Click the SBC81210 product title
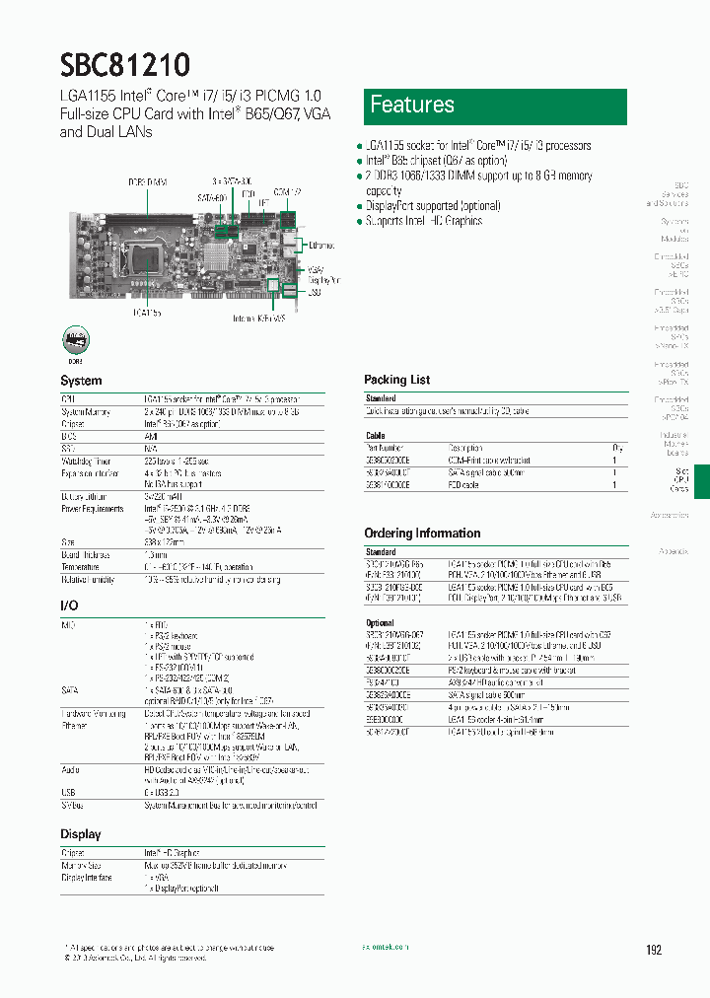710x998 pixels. (x=125, y=64)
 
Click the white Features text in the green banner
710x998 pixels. (x=411, y=105)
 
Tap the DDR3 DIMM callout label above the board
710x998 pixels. (x=147, y=182)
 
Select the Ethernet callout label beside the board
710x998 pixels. (x=321, y=245)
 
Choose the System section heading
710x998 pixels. (x=81, y=381)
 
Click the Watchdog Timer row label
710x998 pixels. (x=87, y=461)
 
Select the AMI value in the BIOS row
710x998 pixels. (x=150, y=436)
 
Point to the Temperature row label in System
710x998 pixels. (x=80, y=567)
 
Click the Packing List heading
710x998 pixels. (x=396, y=380)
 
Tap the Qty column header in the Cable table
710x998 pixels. (x=617, y=448)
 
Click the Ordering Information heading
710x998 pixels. (x=422, y=534)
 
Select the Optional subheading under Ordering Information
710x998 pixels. (x=380, y=623)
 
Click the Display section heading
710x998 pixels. (x=81, y=834)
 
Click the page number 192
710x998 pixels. (x=654, y=950)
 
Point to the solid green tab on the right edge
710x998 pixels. (x=701, y=481)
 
